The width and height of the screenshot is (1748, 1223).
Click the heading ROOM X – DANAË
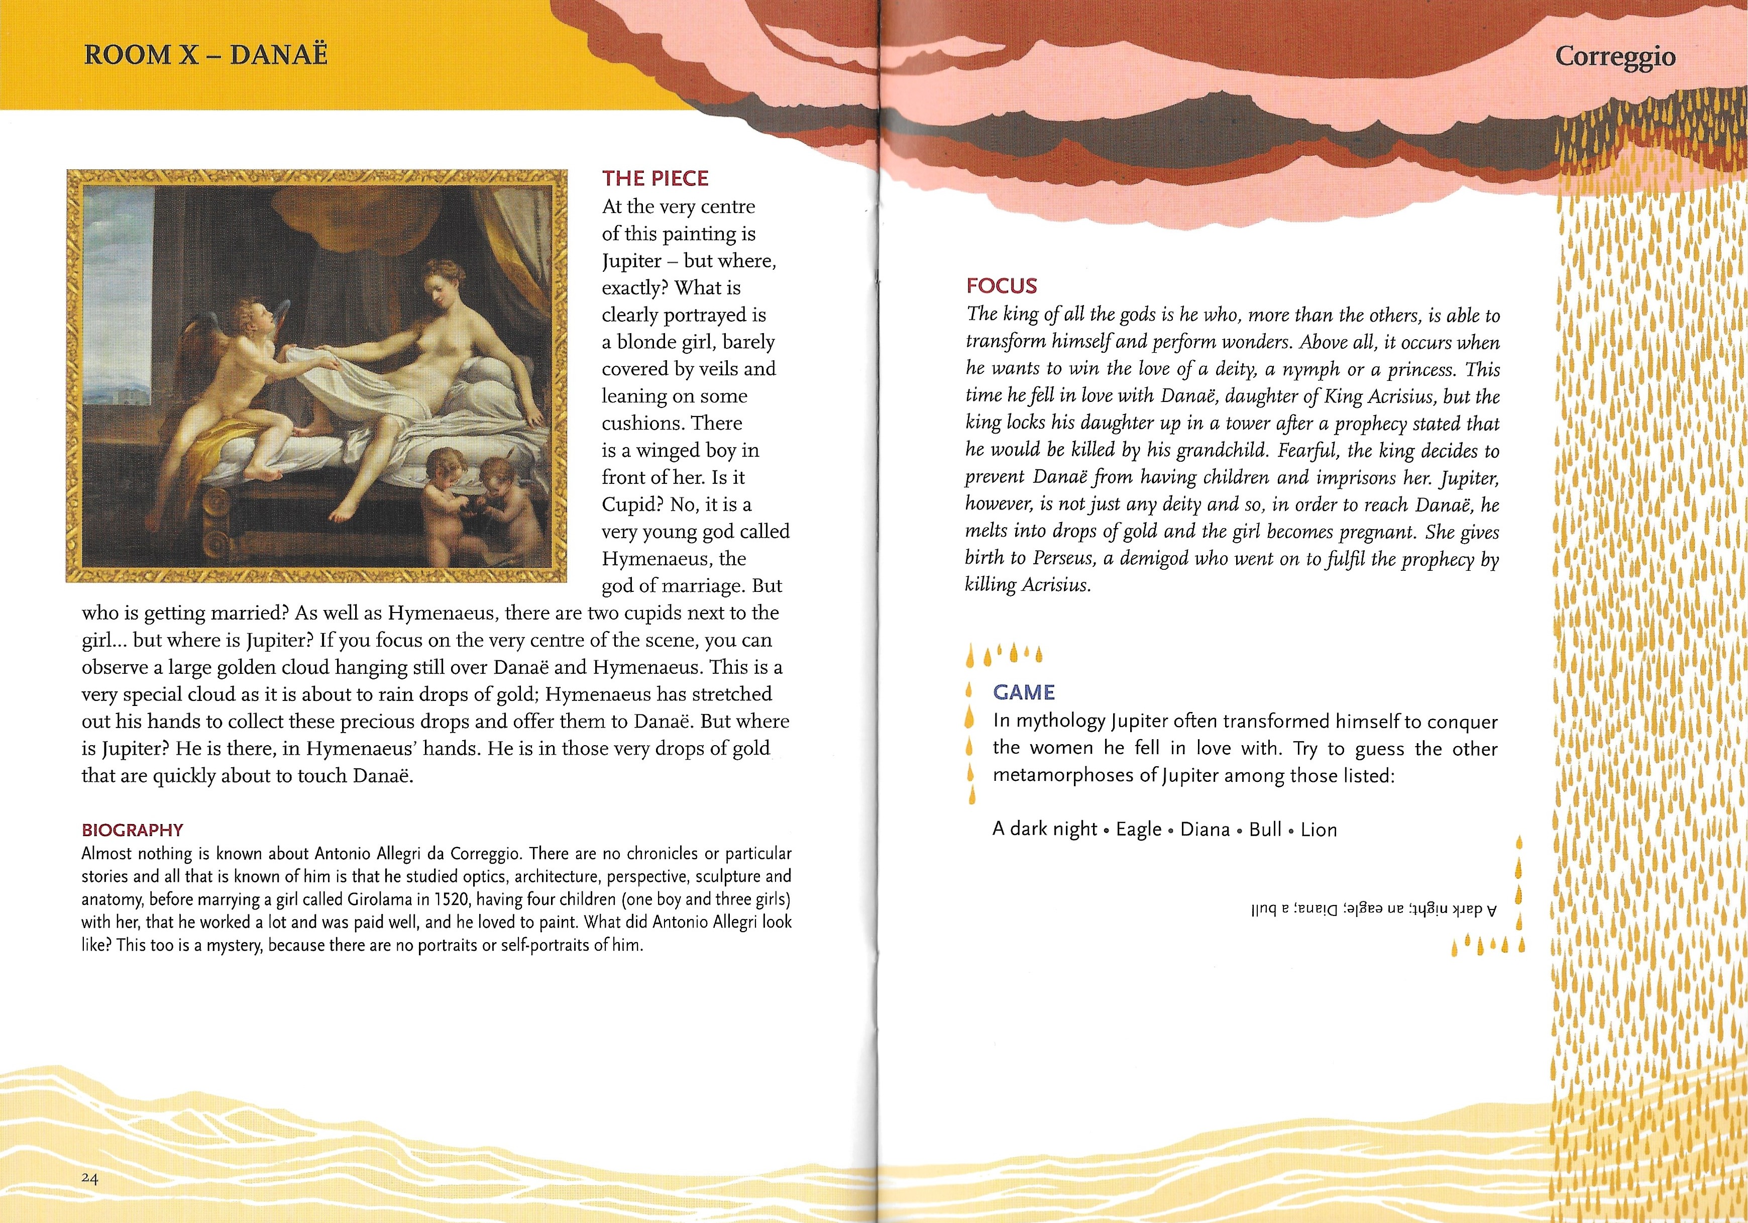tap(205, 55)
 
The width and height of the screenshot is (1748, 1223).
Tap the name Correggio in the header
tap(1615, 56)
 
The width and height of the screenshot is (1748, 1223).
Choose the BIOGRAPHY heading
tap(133, 830)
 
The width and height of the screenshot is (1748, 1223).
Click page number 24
tap(90, 1178)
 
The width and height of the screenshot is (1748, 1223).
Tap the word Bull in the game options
tap(1265, 829)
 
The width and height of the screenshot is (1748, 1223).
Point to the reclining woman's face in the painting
tap(440, 285)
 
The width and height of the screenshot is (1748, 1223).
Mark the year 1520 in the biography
tap(450, 899)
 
